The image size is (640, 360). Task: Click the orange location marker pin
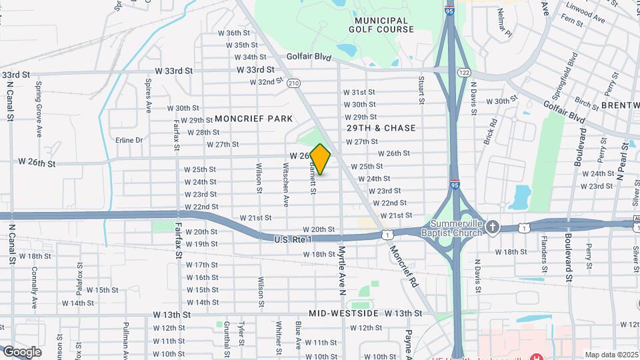pos(321,159)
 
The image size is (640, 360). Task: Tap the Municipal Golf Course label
pos(381,25)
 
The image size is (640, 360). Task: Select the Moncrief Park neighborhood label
pos(253,119)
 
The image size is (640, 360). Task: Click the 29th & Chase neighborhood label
pos(381,128)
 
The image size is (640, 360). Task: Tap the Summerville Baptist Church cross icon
pos(493,227)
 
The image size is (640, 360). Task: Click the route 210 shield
pos(293,83)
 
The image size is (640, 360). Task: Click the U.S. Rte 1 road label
pos(296,239)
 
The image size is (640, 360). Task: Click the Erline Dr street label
pos(129,140)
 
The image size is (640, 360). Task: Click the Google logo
pos(21,351)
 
